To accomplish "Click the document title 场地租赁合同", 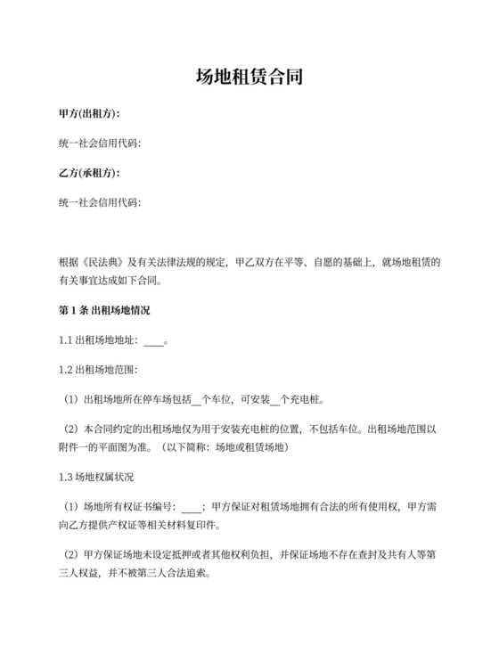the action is click(x=249, y=78).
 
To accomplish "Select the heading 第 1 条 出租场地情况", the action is click(x=103, y=311).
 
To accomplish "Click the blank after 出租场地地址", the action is click(x=153, y=340).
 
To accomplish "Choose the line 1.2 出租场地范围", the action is click(x=99, y=369).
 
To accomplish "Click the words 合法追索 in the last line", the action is click(x=183, y=573).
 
